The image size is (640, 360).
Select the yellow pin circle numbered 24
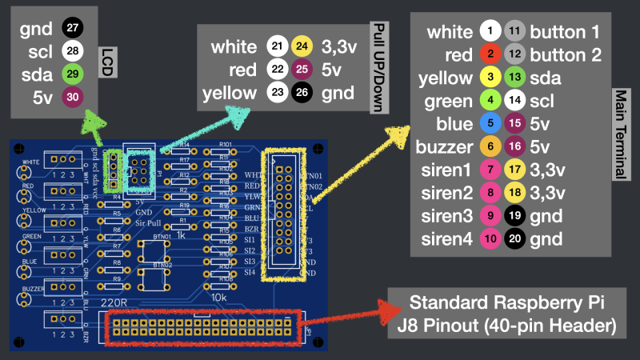pos(302,46)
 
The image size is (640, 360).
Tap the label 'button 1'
pos(565,32)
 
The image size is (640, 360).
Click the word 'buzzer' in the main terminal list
pos(444,147)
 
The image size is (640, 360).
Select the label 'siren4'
pos(446,238)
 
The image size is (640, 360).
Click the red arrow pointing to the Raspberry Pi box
pos(344,314)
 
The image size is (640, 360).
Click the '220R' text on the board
pos(114,303)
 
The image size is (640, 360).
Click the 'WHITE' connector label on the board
pos(31,162)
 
